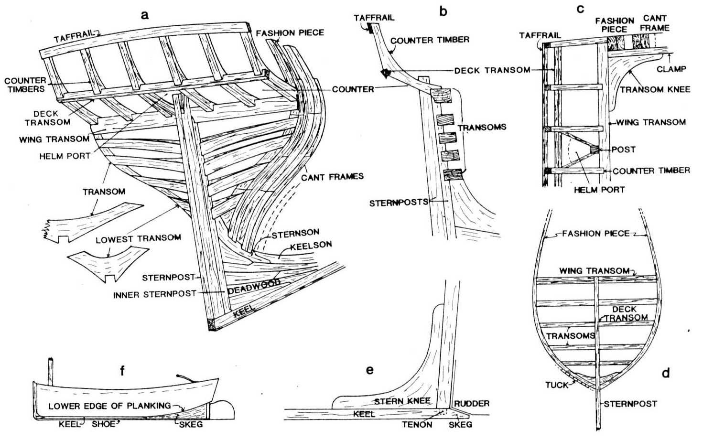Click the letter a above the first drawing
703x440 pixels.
145,15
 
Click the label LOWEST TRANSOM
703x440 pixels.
138,238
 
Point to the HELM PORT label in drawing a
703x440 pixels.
65,156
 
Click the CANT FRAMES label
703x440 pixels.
332,177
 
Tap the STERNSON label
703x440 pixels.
296,234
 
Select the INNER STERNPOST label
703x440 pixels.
154,295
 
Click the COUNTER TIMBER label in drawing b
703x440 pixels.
430,40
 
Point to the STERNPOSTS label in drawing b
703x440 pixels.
399,203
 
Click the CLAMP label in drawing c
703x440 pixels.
671,69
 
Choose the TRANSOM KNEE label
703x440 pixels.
655,89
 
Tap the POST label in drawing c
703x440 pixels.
624,150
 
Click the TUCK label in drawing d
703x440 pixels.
557,385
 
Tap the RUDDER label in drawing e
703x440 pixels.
471,404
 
